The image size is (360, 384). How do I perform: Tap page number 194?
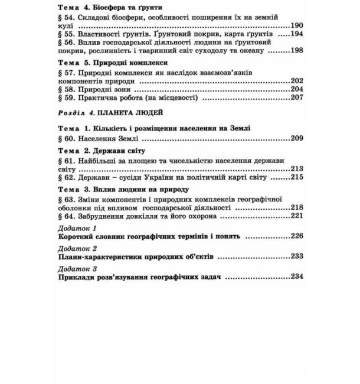tap(296, 35)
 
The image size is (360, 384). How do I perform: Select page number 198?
tap(296, 51)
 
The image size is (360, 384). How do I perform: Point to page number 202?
tap(296, 80)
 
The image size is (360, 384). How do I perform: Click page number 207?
tap(296, 98)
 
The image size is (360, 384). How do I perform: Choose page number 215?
tap(296, 177)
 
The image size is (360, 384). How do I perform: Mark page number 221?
tap(296, 216)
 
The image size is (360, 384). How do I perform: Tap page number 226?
tap(296, 236)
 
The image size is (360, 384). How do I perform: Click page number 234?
tap(296, 276)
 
